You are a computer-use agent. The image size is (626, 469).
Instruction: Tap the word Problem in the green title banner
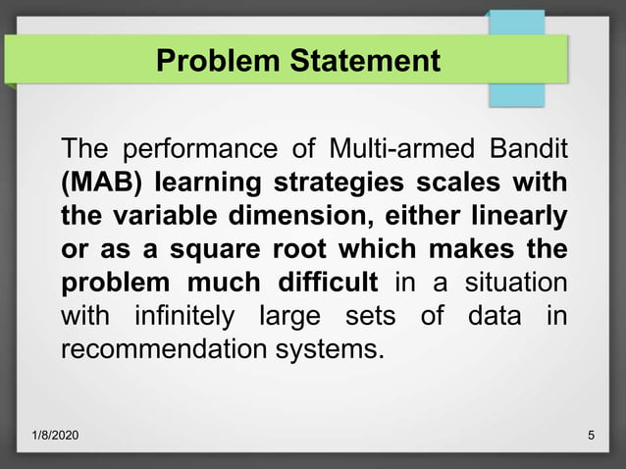[219, 61]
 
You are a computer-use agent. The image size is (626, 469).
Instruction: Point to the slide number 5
[590, 435]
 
